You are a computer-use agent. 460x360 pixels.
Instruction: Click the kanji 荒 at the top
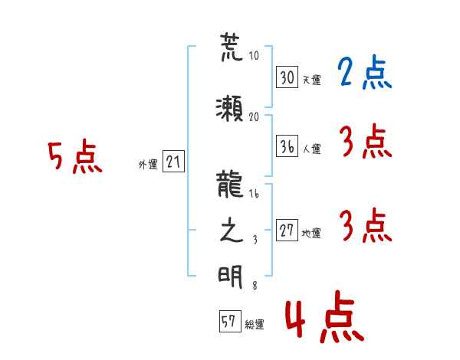[x=232, y=47]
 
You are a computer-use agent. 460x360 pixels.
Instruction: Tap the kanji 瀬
[x=229, y=108]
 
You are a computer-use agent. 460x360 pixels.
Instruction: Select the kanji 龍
[x=230, y=184]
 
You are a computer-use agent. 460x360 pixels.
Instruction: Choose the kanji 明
[x=230, y=277]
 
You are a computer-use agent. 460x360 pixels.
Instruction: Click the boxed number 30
[x=287, y=77]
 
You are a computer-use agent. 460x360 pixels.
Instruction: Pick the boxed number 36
[x=287, y=146]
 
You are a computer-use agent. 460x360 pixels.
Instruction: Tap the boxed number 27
[x=287, y=230]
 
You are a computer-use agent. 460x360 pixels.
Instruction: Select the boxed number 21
[x=173, y=162]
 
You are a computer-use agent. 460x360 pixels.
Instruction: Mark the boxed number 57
[x=230, y=321]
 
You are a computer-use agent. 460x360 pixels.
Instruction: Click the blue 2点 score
[x=364, y=72]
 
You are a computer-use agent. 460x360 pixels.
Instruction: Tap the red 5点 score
[x=75, y=156]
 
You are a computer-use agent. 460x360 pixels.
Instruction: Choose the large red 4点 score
[x=325, y=316]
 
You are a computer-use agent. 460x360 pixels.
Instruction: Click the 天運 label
[x=312, y=80]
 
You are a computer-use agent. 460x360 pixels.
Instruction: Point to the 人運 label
[x=312, y=149]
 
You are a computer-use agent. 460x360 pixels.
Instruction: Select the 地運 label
[x=311, y=233]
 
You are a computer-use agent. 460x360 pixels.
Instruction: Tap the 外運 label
[x=148, y=165]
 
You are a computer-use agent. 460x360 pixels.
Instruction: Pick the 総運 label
[x=255, y=325]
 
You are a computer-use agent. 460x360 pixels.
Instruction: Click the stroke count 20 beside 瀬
[x=254, y=117]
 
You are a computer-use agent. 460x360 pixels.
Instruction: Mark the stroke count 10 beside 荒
[x=254, y=55]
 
